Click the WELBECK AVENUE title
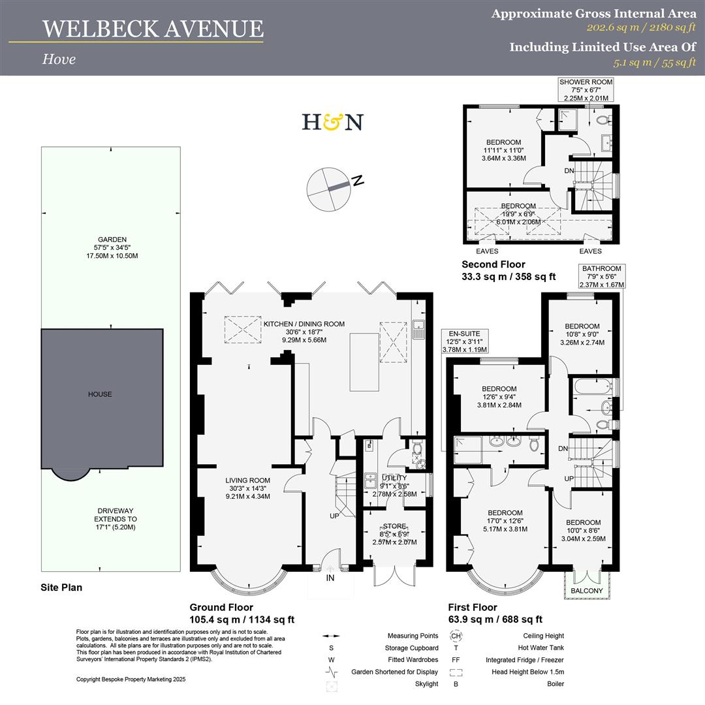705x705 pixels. [x=153, y=29]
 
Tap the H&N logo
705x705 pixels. [x=332, y=122]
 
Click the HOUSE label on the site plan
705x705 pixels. [x=101, y=394]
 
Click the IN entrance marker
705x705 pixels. [x=330, y=578]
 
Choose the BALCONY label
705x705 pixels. [x=586, y=591]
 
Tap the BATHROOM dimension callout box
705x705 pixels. [x=602, y=277]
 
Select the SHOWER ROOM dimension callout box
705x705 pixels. [x=586, y=89]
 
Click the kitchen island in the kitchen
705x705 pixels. [x=364, y=362]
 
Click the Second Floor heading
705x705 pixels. [x=493, y=265]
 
